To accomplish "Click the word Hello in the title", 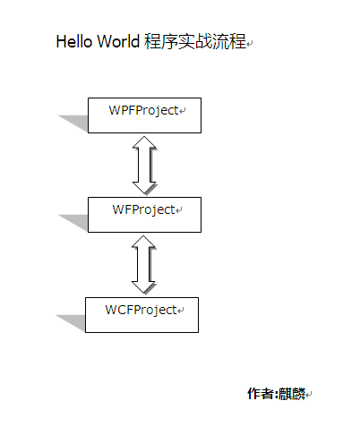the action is pyautogui.click(x=74, y=41).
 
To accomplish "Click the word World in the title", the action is pyautogui.click(x=118, y=41).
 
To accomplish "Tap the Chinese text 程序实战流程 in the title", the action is pyautogui.click(x=195, y=41).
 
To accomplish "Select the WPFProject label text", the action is pyautogui.click(x=143, y=111).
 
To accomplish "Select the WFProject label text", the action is pyautogui.click(x=143, y=210).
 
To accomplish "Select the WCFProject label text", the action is pyautogui.click(x=141, y=311).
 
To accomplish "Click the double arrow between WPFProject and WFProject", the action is pyautogui.click(x=144, y=165).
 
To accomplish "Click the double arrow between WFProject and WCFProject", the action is pyautogui.click(x=143, y=264).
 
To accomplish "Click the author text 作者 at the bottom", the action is pyautogui.click(x=261, y=394).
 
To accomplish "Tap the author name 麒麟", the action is pyautogui.click(x=292, y=394).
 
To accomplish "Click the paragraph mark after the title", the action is pyautogui.click(x=250, y=44).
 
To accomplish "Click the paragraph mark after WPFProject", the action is pyautogui.click(x=182, y=111).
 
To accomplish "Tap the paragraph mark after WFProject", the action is pyautogui.click(x=178, y=210).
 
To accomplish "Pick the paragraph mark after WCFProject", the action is pyautogui.click(x=180, y=311).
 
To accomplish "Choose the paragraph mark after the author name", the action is pyautogui.click(x=309, y=395).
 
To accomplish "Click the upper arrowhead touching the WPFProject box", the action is pyautogui.click(x=144, y=142).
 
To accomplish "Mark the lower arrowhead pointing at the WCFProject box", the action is pyautogui.click(x=143, y=287).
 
